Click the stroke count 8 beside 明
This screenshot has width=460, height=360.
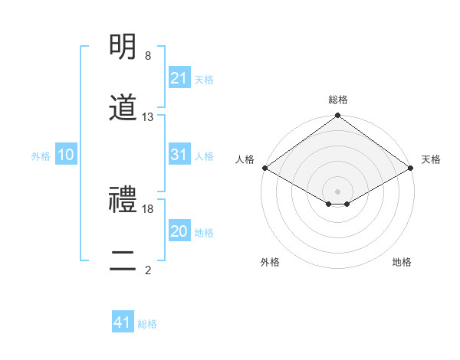coord(148,56)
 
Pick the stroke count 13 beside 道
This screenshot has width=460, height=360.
coord(148,117)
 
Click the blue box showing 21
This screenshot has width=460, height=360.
coord(179,78)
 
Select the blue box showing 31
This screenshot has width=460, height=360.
coord(179,155)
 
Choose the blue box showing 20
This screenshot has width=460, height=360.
coord(179,231)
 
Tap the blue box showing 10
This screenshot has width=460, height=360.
coord(65,155)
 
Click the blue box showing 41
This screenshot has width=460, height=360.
coord(123,322)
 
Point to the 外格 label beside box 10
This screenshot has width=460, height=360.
coord(41,155)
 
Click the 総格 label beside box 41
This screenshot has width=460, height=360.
coord(147,324)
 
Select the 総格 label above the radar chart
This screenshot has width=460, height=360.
coord(337,100)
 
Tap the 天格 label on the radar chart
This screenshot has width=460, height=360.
coord(431,159)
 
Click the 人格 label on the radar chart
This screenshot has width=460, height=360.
coord(245,159)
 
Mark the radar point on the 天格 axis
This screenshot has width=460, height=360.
coord(411,168)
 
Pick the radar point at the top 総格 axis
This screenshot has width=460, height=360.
coord(337,116)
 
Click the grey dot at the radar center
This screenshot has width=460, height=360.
coord(337,191)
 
